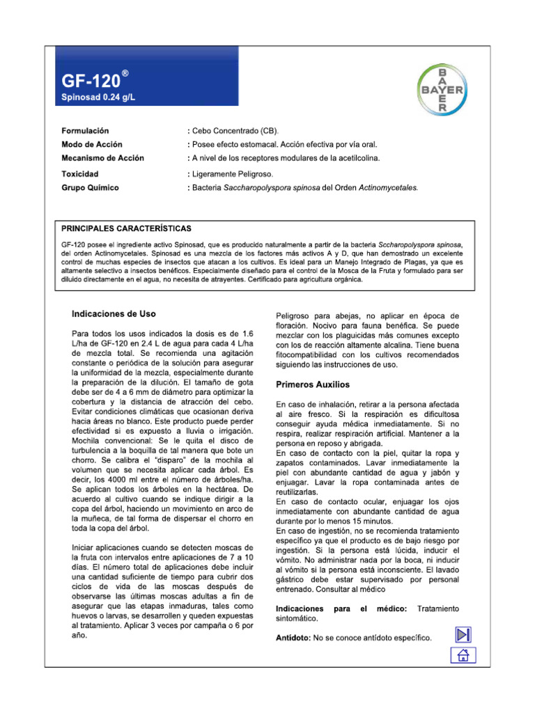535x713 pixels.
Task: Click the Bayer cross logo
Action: [x=442, y=89]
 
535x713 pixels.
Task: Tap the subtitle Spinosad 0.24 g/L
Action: [x=98, y=97]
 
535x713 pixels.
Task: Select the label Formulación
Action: [x=85, y=131]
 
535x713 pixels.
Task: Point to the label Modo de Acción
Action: [x=92, y=145]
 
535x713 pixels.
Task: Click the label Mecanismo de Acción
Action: [x=102, y=158]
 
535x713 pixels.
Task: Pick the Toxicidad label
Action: [x=80, y=174]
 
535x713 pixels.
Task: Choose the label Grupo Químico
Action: [x=90, y=188]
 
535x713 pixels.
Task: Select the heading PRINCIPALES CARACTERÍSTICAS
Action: [x=127, y=228]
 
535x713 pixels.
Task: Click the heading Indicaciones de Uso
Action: [x=114, y=314]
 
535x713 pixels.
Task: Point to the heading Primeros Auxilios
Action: [x=313, y=384]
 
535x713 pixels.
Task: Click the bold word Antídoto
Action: [x=294, y=637]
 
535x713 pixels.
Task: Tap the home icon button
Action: [x=463, y=655]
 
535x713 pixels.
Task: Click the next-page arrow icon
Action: [x=463, y=634]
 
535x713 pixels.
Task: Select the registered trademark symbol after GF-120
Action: [x=124, y=72]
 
